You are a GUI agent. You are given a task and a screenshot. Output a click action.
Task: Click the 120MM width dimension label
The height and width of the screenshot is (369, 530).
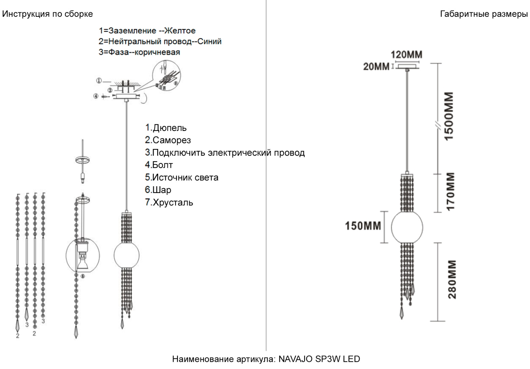pos(406,55)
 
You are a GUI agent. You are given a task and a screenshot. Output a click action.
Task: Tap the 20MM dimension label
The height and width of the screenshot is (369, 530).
pos(376,67)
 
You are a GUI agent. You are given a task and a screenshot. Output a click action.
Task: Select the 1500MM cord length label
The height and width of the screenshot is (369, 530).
pos(449,117)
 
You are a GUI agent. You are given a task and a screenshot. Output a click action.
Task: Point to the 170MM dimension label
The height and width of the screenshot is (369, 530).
pos(450,191)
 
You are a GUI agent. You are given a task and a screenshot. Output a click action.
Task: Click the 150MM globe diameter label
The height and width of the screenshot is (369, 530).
pos(363,226)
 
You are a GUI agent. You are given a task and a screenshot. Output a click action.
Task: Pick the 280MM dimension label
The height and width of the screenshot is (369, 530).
pos(452,279)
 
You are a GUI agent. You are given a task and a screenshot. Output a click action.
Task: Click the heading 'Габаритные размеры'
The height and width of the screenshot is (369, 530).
pos(484,14)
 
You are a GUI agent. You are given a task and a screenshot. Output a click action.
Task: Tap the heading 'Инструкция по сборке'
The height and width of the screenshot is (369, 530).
pos(47,14)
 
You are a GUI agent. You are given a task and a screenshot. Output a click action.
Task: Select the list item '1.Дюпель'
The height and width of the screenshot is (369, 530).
pos(166,128)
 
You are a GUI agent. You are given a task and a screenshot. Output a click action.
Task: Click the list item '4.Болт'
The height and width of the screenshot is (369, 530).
pos(159,165)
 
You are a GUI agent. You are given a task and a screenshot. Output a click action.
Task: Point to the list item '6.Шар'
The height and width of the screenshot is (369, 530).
pos(158,190)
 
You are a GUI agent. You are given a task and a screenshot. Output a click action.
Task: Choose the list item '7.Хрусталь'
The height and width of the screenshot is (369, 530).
pos(169,202)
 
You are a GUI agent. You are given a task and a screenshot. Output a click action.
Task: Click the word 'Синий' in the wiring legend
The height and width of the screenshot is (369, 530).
pos(209,41)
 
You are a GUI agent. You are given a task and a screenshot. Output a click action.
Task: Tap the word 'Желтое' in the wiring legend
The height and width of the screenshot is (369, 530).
pos(180,31)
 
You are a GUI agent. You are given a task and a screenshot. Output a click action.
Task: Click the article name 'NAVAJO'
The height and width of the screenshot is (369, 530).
pos(296,359)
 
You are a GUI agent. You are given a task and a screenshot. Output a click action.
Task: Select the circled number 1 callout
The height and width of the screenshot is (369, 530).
pos(99,81)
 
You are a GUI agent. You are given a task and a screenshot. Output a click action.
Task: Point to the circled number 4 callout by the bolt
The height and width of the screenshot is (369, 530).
pos(96,96)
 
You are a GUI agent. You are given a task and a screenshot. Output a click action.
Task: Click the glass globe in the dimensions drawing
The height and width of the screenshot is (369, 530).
pos(407,227)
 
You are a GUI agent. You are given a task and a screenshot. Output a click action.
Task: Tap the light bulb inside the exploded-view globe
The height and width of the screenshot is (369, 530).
pos(83,260)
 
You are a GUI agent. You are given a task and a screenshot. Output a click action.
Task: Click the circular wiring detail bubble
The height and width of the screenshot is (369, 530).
pos(166,76)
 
